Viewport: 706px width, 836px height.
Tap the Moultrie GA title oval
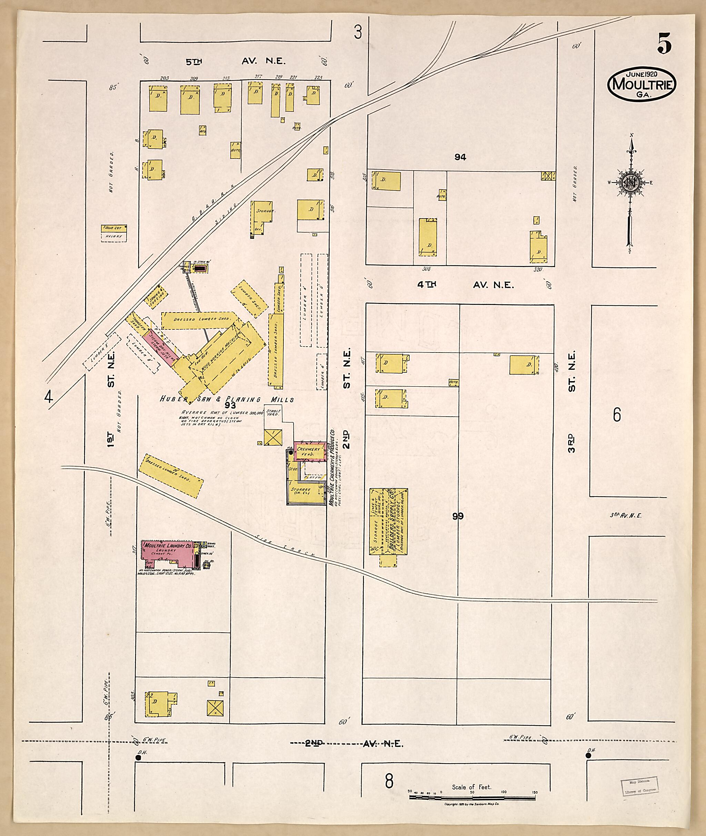point(641,84)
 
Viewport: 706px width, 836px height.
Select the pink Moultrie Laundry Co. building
point(168,554)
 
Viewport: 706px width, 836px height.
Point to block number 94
point(460,157)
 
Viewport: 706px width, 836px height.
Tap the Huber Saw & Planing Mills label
point(227,399)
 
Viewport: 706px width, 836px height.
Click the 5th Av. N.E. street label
point(235,61)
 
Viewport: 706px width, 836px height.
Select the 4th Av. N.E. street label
point(465,284)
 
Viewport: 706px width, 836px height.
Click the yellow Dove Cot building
point(114,228)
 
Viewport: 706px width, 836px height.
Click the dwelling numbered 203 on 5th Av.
point(158,98)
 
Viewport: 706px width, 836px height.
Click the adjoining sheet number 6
point(617,415)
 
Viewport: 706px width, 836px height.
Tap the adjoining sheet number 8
point(388,781)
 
